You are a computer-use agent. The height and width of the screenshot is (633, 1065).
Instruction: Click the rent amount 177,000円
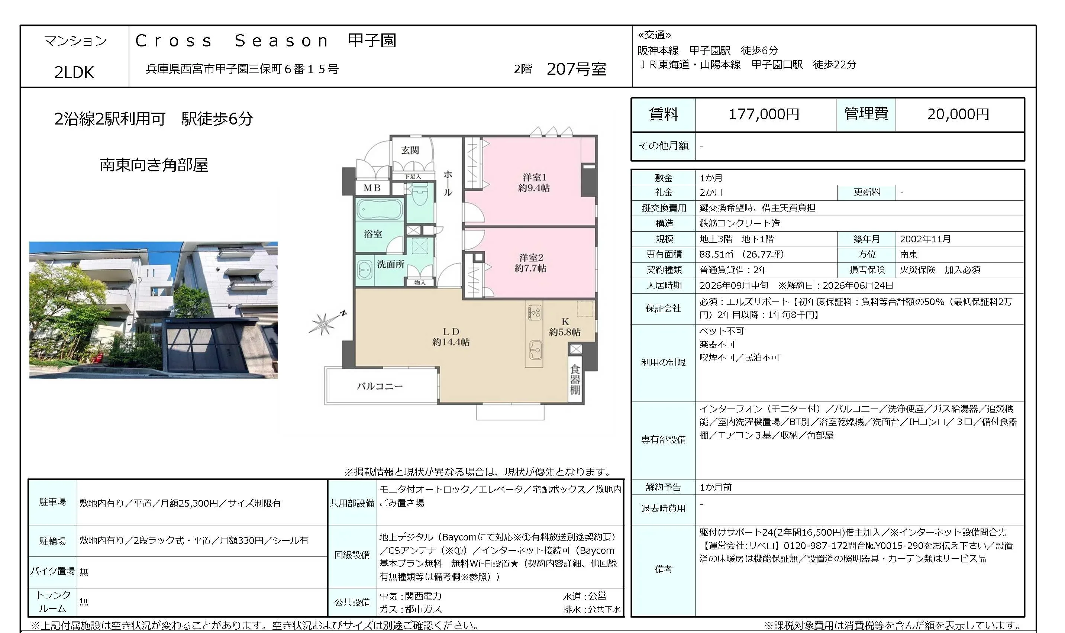[764, 114]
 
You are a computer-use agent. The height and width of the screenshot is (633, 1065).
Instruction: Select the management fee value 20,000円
[958, 114]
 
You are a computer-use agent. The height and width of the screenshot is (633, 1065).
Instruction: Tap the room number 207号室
[576, 69]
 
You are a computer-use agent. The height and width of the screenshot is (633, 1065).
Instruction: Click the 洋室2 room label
[530, 263]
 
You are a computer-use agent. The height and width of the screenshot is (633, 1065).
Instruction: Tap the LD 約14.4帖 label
[451, 336]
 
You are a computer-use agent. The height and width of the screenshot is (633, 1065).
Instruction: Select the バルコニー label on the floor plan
[380, 386]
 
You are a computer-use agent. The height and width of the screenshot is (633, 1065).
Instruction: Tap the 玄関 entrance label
[410, 150]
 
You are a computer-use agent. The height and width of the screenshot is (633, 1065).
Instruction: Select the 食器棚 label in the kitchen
[575, 379]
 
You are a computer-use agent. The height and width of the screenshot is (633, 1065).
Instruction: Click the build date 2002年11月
[925, 239]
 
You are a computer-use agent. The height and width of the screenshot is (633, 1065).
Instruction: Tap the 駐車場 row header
[52, 502]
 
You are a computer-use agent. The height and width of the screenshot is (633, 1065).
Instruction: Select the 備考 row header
[663, 569]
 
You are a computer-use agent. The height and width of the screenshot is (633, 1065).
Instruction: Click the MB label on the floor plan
[372, 188]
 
